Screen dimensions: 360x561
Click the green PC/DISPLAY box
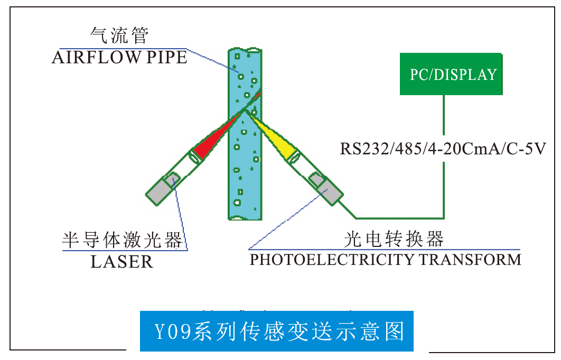(x=450, y=74)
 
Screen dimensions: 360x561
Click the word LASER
(x=121, y=261)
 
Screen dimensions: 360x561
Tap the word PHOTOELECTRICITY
(x=332, y=260)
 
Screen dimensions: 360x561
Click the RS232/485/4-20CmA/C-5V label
(x=443, y=148)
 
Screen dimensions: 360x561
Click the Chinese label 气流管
(x=120, y=35)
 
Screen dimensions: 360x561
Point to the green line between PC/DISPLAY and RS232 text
(x=443, y=114)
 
